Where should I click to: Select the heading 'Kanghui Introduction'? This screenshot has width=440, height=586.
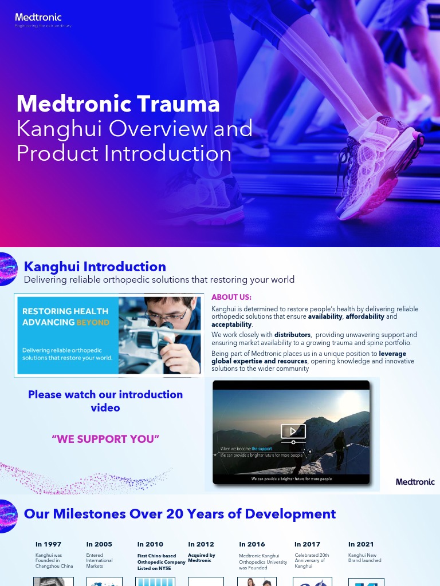(x=95, y=267)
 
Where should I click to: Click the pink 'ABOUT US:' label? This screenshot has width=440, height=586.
(x=231, y=298)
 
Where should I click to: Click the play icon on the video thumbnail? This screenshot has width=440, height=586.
(x=293, y=432)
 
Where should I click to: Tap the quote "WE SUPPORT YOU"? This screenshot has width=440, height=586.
(x=105, y=439)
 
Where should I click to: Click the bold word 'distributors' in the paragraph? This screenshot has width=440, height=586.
(x=292, y=335)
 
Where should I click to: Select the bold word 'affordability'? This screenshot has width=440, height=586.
(x=367, y=316)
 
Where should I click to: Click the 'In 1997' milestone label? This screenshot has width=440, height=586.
(x=48, y=544)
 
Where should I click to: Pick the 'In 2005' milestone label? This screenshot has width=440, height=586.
(x=99, y=544)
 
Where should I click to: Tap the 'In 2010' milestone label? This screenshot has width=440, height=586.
(x=150, y=544)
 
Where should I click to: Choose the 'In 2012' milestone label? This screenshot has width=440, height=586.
(x=201, y=544)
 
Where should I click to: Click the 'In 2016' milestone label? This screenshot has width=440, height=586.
(x=252, y=544)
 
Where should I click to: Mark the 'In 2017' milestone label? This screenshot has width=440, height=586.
(x=307, y=544)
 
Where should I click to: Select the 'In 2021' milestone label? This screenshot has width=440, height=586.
(x=361, y=544)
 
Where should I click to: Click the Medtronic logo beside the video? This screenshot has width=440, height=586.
(x=415, y=482)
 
